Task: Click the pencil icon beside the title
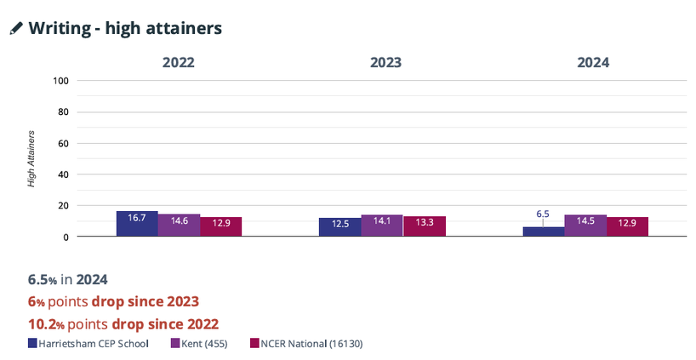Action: point(16,28)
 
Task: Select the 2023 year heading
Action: point(385,62)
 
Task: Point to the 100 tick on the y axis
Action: point(60,81)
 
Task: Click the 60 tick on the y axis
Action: point(62,143)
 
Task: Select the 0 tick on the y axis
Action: point(65,237)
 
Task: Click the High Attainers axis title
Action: point(31,158)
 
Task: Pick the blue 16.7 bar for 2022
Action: point(137,224)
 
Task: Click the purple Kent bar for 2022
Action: point(179,226)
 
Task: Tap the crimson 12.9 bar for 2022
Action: point(220,227)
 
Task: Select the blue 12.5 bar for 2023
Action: point(339,227)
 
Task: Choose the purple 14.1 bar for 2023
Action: point(382,226)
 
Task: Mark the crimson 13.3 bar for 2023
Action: point(424,226)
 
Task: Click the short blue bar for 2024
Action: point(543,231)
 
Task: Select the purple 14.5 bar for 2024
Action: point(585,226)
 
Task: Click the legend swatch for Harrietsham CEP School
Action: point(32,344)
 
